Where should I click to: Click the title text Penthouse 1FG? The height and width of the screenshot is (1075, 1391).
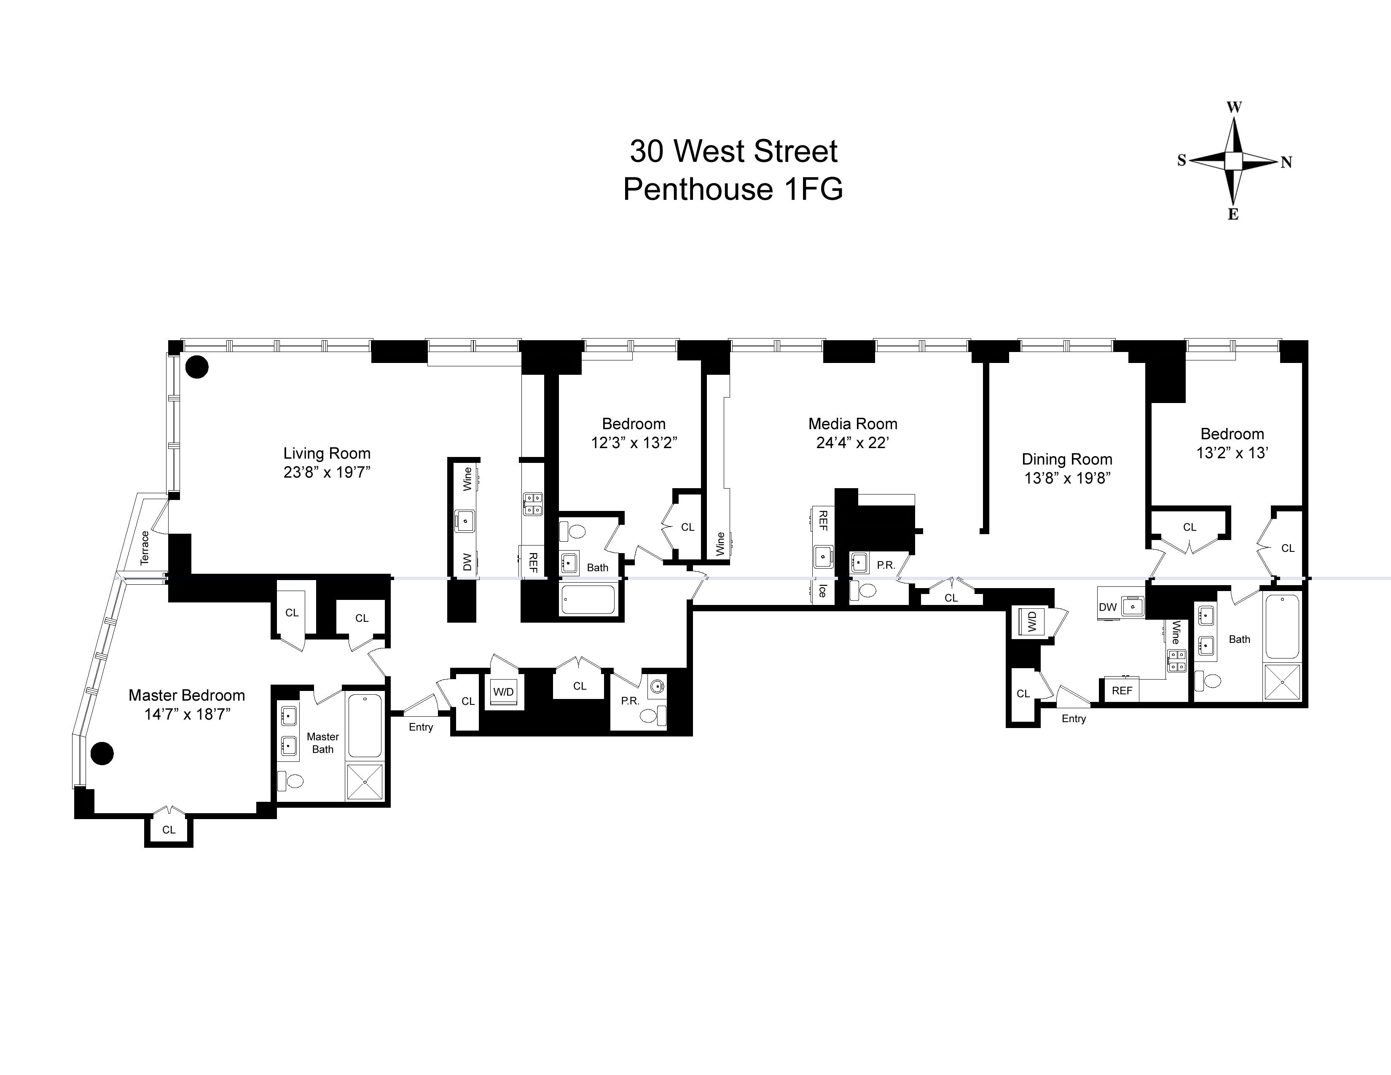733,189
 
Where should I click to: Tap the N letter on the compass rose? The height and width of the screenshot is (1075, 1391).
1286,162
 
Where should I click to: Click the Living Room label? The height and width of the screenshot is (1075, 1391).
327,454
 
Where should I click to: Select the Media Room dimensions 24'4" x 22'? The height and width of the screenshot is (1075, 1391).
852,443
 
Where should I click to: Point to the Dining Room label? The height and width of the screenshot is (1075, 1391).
1067,459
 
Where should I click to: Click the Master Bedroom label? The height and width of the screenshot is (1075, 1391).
187,695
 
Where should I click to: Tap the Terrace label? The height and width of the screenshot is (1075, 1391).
145,547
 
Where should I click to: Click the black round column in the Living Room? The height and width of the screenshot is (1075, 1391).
197,367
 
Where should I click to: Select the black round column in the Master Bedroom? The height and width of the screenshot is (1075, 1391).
102,753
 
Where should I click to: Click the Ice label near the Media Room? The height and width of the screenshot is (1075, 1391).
822,590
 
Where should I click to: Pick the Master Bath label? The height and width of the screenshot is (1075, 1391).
323,742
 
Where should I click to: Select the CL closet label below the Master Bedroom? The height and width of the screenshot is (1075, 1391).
168,829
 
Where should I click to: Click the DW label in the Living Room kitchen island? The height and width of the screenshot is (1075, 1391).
467,562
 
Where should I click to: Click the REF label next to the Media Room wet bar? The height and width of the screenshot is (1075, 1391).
822,520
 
